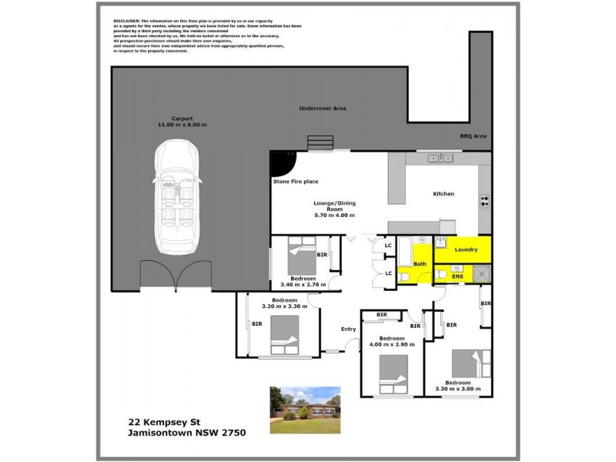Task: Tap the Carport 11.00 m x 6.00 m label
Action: pos(182,122)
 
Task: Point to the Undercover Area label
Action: pos(322,109)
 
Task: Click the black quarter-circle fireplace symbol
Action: pos(280,162)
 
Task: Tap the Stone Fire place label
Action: pos(296,182)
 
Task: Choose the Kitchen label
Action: pos(443,193)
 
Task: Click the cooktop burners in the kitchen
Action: pos(484,201)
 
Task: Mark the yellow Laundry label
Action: pos(467,249)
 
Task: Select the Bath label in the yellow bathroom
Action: pos(420,264)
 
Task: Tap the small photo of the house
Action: pos(305,410)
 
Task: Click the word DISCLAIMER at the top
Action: pos(126,22)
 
